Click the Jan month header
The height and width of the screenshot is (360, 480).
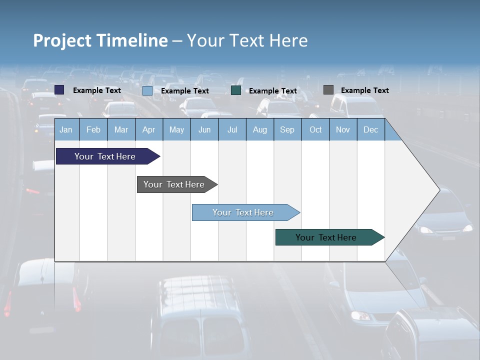[66, 129]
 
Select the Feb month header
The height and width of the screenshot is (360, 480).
[93, 129]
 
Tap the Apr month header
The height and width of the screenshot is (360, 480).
[148, 129]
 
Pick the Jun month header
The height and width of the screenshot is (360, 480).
[204, 129]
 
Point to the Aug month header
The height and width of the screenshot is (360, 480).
[259, 129]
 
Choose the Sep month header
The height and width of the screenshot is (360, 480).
[287, 129]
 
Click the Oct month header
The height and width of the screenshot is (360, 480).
[315, 129]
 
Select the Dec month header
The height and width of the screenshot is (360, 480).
[370, 129]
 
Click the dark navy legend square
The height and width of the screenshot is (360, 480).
[59, 90]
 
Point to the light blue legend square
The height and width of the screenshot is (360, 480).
[147, 90]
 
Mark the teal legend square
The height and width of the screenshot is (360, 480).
[236, 90]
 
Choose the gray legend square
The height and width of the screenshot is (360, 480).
[328, 90]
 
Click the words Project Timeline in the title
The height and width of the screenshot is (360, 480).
[100, 40]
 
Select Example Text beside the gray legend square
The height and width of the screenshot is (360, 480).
[364, 90]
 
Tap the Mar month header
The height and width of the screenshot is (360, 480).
[121, 129]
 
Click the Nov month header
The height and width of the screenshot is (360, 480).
[342, 129]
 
